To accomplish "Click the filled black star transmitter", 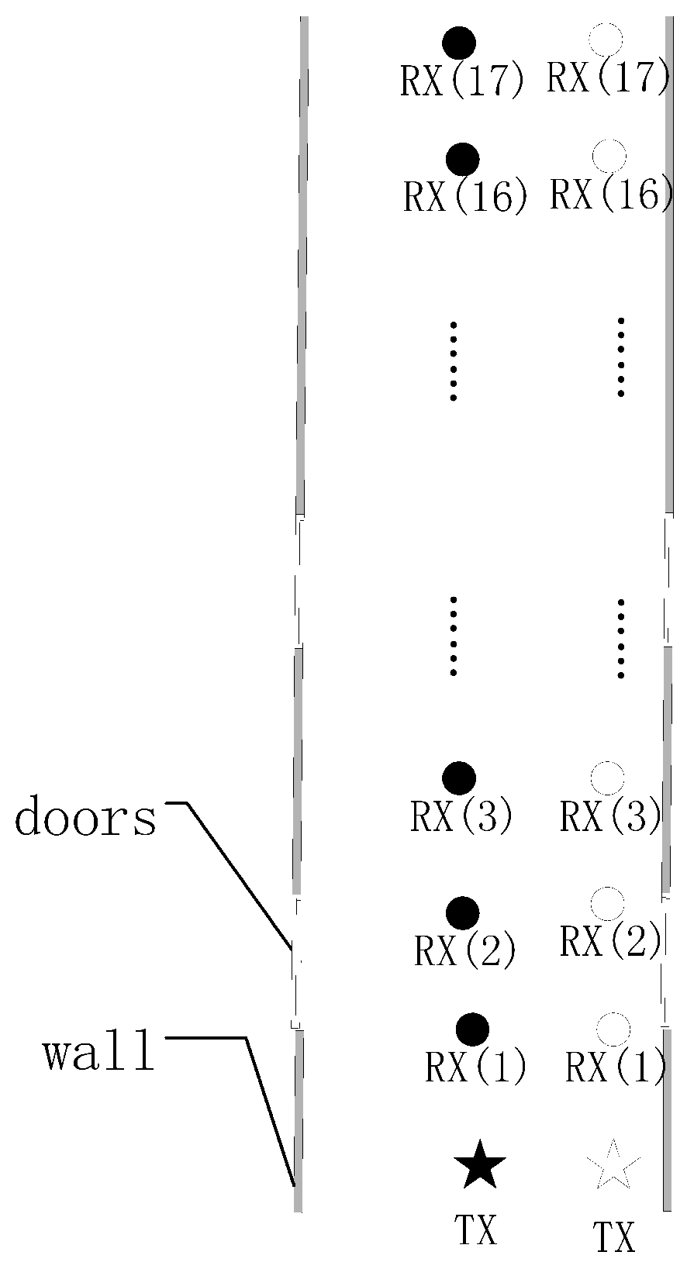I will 480,1165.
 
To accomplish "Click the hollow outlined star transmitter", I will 613,1164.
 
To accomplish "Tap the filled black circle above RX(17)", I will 459,43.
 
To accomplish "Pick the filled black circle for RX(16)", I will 463,159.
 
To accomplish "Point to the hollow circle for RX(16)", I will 609,157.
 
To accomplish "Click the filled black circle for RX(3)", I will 458,778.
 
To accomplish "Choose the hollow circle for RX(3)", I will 607,778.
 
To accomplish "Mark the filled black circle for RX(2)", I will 463,912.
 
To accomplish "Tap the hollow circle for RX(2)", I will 607,904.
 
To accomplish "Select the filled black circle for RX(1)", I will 472,1029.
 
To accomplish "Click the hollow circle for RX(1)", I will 613,1029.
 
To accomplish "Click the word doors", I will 85,818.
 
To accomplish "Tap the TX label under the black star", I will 476,1229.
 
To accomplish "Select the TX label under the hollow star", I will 614,1236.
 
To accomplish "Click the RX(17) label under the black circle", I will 462,81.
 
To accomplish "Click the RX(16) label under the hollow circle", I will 611,194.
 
